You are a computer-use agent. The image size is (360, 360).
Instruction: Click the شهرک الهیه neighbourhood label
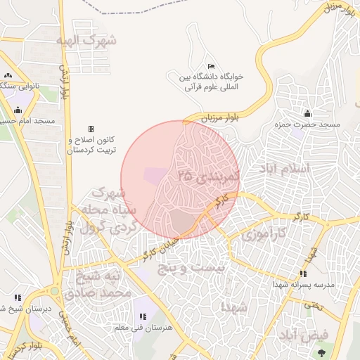[x=88, y=41]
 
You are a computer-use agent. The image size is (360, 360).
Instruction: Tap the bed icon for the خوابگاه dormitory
[x=211, y=66]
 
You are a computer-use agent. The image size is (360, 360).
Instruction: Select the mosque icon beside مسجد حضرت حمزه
[x=307, y=114]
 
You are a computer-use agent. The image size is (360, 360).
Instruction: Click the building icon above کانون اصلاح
[x=90, y=129]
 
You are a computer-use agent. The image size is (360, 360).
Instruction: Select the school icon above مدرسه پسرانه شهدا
[x=303, y=274]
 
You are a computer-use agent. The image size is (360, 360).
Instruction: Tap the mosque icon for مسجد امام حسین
[x=18, y=110]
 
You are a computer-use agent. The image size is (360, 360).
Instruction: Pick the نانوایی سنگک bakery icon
[x=8, y=75]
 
